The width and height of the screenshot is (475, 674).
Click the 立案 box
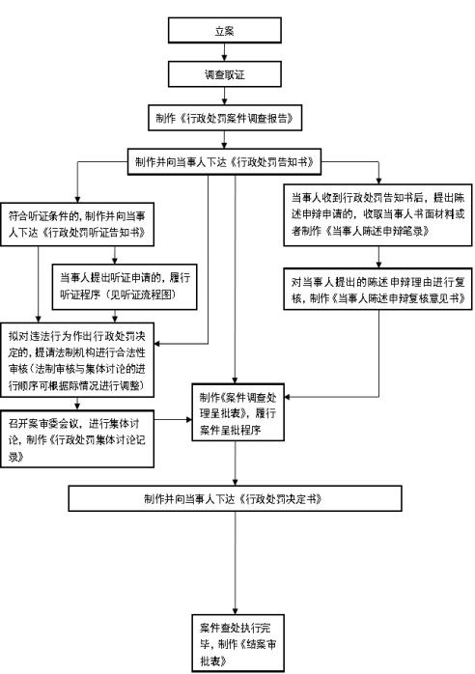pos(224,30)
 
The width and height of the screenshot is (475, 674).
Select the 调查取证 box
pos(224,74)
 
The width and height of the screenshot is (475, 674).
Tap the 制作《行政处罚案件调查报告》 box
pos(225,118)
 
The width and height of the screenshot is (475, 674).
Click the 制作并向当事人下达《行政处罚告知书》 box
pos(224,161)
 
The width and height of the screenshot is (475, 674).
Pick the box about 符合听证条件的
pos(77,224)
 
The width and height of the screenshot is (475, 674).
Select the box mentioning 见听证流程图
pos(125,287)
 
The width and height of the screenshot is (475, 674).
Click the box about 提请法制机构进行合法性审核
pos(77,360)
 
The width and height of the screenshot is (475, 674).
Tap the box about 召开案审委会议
pos(77,439)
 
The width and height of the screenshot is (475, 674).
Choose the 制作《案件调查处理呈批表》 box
pos(237,412)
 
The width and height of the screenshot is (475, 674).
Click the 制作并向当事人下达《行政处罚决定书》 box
pos(236,498)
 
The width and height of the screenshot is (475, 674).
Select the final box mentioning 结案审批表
pos(237,643)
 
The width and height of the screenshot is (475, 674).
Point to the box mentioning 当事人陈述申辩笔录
pos(377,215)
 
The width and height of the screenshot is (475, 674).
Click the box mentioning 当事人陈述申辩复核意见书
pos(377,289)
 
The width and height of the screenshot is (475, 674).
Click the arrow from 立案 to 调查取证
pos(224,52)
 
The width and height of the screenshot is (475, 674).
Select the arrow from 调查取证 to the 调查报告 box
pos(224,96)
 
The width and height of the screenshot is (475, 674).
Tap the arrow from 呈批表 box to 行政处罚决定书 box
pos(236,463)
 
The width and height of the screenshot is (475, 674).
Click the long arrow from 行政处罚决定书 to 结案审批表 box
pos(236,563)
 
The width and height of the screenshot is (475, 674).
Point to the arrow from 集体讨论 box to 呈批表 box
pos(173,419)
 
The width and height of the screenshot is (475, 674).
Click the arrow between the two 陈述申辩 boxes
pos(378,257)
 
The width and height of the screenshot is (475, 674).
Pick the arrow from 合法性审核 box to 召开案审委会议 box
pos(77,404)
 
